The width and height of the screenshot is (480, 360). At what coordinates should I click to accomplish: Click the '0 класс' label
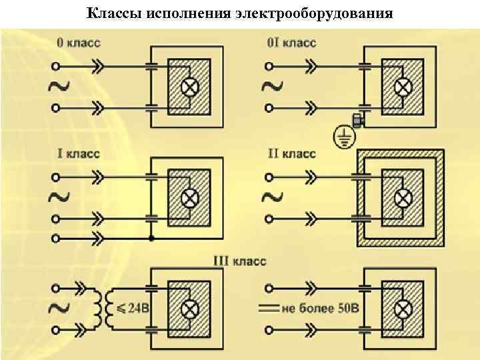pyautogui.click(x=79, y=43)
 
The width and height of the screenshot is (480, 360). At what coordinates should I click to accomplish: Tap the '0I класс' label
pyautogui.click(x=291, y=43)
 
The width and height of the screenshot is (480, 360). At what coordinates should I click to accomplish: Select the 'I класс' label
pyautogui.click(x=78, y=154)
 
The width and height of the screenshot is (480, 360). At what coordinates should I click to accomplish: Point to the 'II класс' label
pyautogui.click(x=291, y=154)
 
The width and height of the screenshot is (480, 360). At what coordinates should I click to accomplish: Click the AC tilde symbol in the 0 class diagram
pyautogui.click(x=58, y=86)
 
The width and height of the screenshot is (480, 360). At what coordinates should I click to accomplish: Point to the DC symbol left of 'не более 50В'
pyautogui.click(x=268, y=308)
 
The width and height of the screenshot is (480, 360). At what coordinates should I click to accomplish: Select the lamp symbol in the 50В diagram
pyautogui.click(x=403, y=308)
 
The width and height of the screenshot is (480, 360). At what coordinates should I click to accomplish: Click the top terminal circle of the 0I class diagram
pyautogui.click(x=269, y=66)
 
